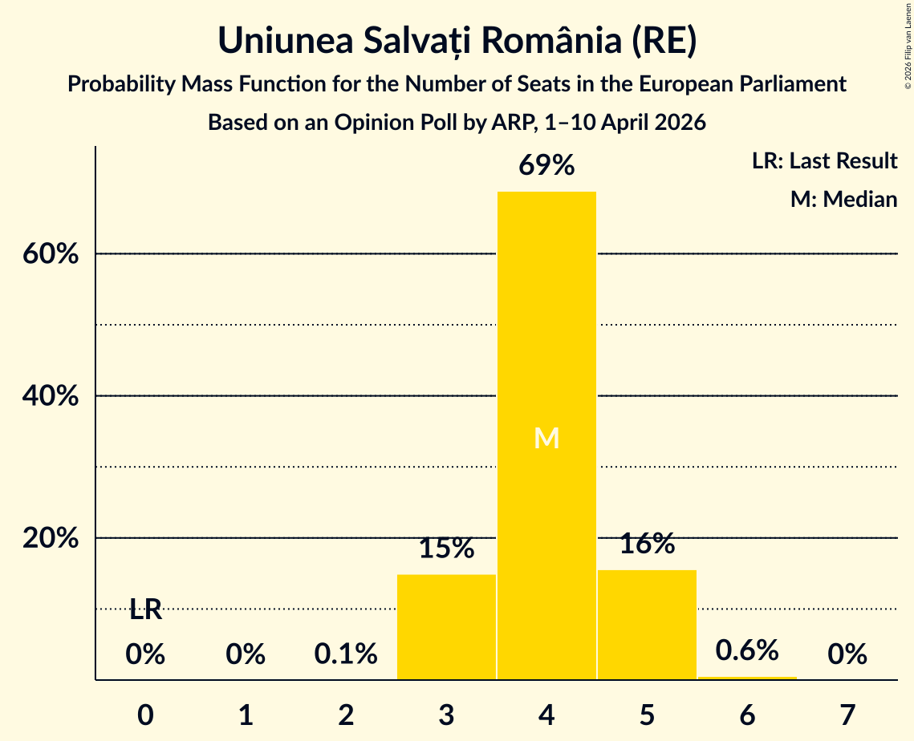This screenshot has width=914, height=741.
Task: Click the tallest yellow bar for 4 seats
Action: click(x=546, y=435)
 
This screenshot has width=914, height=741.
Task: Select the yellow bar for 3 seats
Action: click(x=446, y=627)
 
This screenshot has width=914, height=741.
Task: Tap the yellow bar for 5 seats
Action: click(x=647, y=625)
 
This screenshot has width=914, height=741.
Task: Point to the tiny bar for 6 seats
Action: click(x=747, y=678)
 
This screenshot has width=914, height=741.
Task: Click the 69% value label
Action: click(x=546, y=165)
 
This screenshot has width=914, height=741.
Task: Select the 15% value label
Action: click(x=446, y=549)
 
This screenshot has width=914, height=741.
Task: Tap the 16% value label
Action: click(x=647, y=544)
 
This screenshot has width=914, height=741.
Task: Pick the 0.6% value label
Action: click(x=747, y=650)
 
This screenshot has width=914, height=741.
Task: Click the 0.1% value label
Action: click(x=346, y=654)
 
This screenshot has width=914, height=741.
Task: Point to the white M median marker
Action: click(x=546, y=438)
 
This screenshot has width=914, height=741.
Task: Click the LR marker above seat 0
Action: click(x=146, y=609)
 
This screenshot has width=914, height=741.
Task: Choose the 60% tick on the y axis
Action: click(x=50, y=254)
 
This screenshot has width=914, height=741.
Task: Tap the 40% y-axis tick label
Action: click(x=50, y=396)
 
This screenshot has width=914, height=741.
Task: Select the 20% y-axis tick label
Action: click(x=50, y=538)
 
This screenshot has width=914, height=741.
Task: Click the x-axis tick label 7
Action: click(x=847, y=715)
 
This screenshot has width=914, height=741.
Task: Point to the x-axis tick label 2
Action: click(x=346, y=715)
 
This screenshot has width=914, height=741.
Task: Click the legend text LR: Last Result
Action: click(x=824, y=160)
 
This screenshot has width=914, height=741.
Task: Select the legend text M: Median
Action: click(x=843, y=199)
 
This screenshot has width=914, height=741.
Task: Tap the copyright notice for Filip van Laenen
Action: click(x=908, y=46)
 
